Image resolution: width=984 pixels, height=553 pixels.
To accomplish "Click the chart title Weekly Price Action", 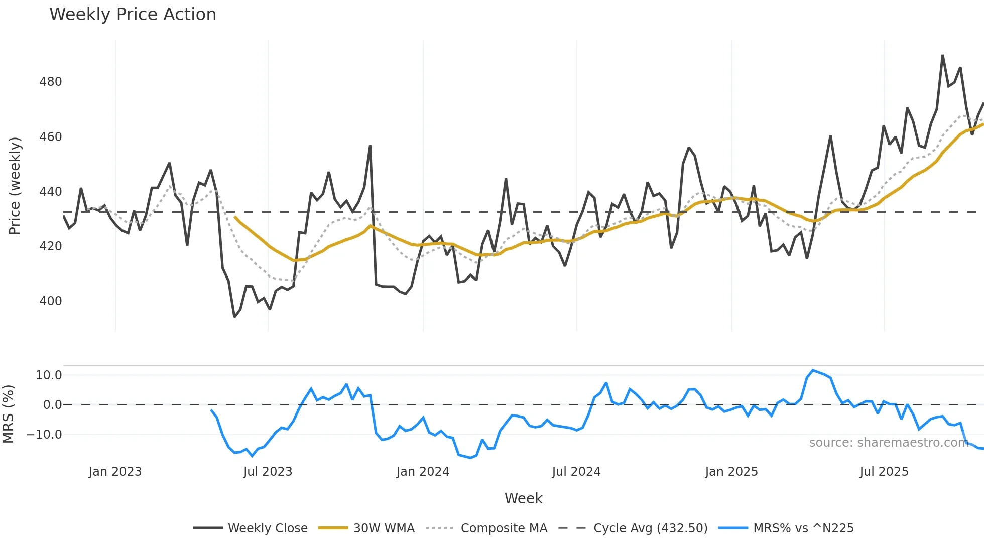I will coord(133,15).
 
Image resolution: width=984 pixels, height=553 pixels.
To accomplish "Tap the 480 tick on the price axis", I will coord(51,82).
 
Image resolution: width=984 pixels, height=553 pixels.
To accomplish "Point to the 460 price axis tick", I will coord(51,136).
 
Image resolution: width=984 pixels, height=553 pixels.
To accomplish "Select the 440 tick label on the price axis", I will coord(51,191).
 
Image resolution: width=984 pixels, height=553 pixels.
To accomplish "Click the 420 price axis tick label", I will coord(51,246).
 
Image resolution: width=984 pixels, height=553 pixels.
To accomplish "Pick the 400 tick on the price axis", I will coord(51,301).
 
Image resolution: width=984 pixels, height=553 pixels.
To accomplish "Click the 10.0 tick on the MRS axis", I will coord(49,375).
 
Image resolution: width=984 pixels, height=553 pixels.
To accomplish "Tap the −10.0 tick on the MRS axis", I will coord(45,435).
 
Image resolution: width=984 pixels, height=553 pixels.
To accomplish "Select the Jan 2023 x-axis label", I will coord(115,472).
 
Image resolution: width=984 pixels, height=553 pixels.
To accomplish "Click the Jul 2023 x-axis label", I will coord(268,472).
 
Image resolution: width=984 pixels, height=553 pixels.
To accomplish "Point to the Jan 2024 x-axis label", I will coord(423,472).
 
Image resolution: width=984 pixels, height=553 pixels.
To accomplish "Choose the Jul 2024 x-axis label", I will coord(576,472).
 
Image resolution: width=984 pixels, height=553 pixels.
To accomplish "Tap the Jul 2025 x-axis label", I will coord(884,472).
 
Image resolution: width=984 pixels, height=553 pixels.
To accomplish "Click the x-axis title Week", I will coord(523,498).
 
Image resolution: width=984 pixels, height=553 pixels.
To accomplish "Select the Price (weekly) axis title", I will coord(15,186).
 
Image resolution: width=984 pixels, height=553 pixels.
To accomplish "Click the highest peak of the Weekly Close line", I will coord(942,56).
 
